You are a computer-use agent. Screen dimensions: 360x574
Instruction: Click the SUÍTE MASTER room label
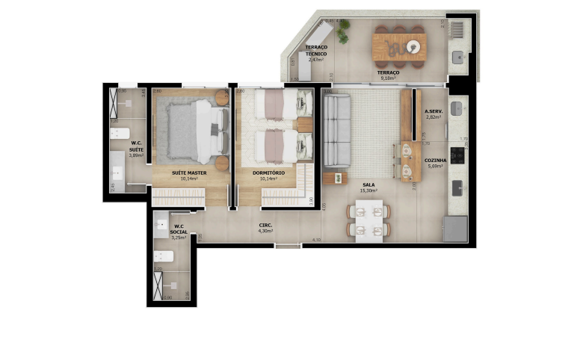click(188, 173)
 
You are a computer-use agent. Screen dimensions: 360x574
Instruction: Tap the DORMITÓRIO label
click(267, 173)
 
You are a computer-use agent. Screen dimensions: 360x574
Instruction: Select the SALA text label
click(368, 184)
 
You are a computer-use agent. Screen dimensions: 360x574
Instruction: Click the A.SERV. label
click(433, 112)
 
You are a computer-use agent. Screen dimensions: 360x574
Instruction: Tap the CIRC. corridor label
click(265, 225)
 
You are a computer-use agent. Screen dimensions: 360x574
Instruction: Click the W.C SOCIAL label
click(179, 229)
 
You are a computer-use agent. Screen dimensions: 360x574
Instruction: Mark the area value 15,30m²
click(368, 191)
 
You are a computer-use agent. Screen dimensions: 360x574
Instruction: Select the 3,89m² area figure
click(136, 155)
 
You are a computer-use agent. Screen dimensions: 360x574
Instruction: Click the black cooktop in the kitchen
click(457, 153)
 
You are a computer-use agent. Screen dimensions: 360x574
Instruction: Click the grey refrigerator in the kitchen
click(455, 228)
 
